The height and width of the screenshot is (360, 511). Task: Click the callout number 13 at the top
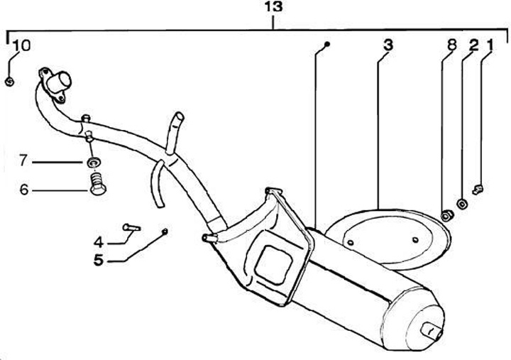click(x=273, y=8)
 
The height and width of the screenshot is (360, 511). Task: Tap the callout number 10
click(x=21, y=46)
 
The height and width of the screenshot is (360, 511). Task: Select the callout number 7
click(x=23, y=161)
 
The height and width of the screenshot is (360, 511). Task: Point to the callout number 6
click(x=23, y=190)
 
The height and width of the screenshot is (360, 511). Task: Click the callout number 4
click(x=99, y=239)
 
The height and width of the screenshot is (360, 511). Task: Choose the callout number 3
click(x=387, y=45)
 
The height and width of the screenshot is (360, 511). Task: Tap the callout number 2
click(x=473, y=45)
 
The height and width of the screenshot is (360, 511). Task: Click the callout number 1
click(x=490, y=45)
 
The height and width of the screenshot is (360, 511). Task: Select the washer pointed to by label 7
click(x=93, y=163)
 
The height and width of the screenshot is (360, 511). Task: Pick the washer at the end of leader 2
click(x=462, y=204)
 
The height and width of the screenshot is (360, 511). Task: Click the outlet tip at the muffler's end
click(x=430, y=332)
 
